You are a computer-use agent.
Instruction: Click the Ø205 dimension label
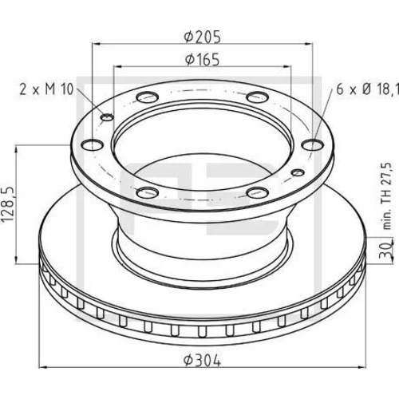[202, 37]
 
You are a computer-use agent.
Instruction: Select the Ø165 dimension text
[202, 60]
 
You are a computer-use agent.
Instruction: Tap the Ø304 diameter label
[202, 361]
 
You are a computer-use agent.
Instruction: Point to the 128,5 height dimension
[8, 204]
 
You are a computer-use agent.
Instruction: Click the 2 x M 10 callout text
[46, 89]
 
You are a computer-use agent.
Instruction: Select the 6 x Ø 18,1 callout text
[368, 89]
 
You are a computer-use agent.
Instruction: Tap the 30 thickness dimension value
[386, 250]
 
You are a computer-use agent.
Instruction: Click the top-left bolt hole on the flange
[148, 97]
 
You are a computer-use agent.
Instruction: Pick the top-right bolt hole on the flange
[257, 97]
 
